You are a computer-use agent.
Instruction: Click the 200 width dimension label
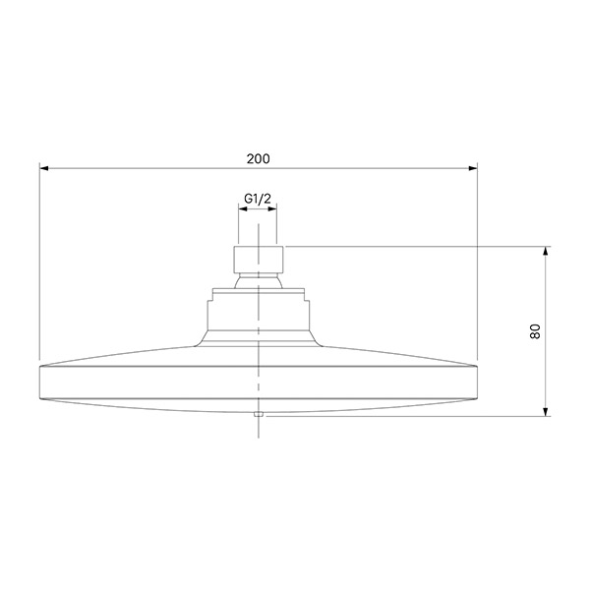click(x=258, y=158)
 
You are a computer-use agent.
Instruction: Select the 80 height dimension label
click(x=535, y=331)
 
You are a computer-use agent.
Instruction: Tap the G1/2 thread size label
click(x=258, y=199)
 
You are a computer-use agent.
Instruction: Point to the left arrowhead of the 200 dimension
click(x=44, y=168)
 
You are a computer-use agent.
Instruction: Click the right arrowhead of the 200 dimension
click(x=473, y=168)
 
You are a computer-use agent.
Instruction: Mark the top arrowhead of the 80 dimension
click(x=546, y=251)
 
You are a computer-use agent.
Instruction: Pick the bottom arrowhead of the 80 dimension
click(x=546, y=412)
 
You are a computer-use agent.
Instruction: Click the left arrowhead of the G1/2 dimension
click(x=243, y=208)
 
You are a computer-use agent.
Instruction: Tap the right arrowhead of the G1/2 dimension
click(x=272, y=208)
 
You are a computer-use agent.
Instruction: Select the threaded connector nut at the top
click(x=258, y=260)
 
